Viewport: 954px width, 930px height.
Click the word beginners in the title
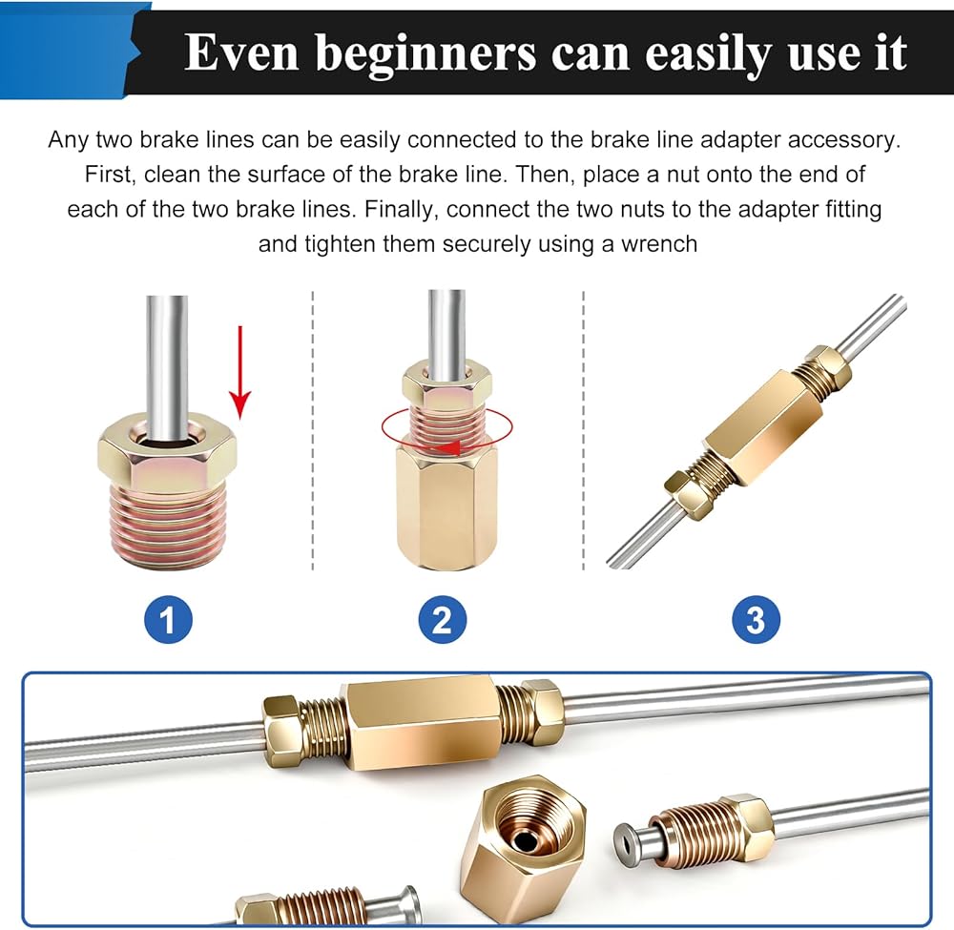pos(425,54)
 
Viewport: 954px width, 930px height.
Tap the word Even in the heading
pos(241,52)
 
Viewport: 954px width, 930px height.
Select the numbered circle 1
pos(168,619)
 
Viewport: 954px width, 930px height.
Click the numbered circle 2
pos(443,619)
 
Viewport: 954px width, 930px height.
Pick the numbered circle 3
pos(756,619)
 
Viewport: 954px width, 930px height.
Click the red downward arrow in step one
pos(240,372)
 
